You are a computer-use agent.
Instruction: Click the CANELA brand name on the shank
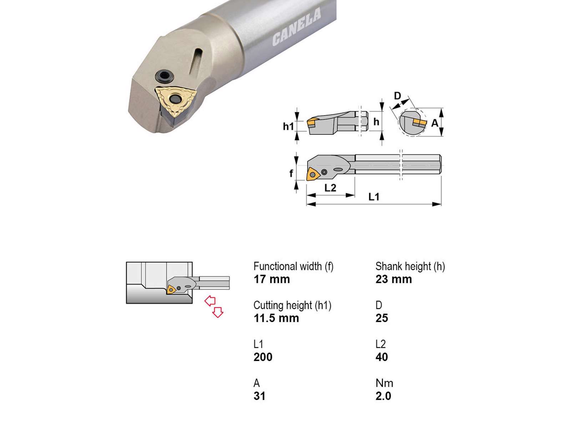coord(297,27)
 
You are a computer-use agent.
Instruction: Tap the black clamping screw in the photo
coord(165,76)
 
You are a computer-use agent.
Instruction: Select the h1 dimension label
coord(288,127)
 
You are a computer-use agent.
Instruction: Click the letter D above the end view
coord(398,96)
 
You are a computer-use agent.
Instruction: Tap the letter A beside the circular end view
coord(435,123)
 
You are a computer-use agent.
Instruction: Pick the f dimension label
coord(291,173)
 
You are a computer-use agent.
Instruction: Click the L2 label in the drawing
coord(330,188)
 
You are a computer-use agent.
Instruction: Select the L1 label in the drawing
coord(374,197)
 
